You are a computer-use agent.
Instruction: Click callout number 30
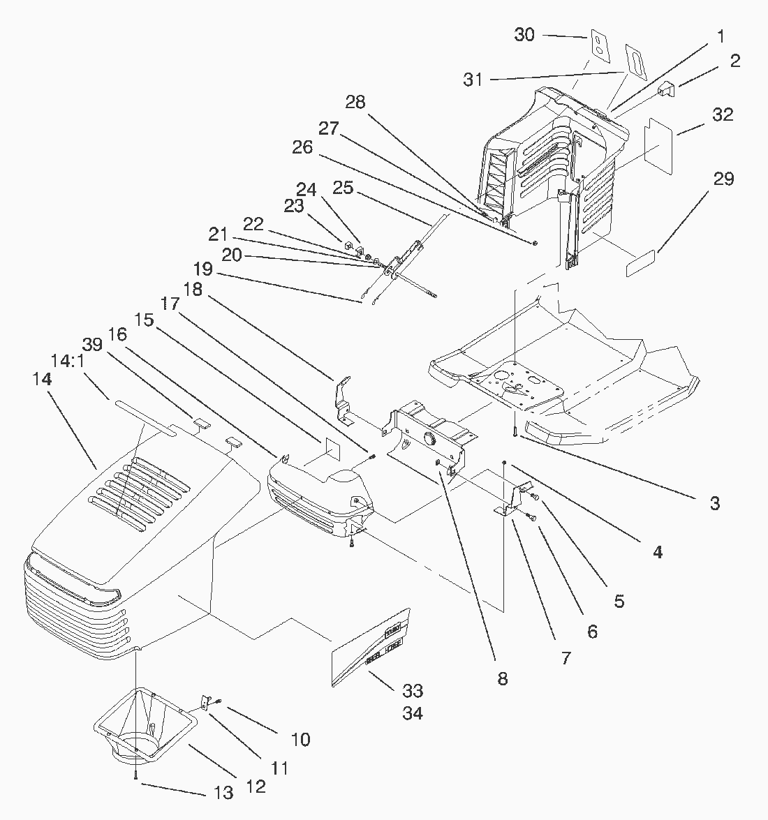click(x=525, y=34)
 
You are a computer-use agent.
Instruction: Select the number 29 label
click(x=723, y=179)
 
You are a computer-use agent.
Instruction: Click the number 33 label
click(x=413, y=691)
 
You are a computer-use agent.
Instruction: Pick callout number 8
click(x=503, y=678)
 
